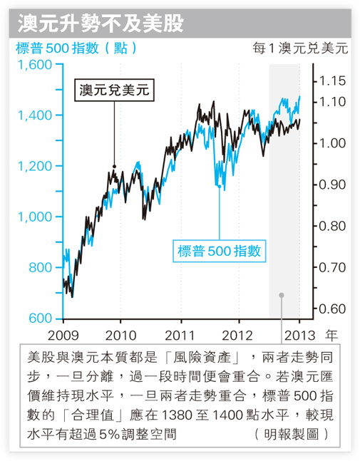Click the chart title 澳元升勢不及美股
(x=101, y=24)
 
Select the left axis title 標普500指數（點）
(x=76, y=48)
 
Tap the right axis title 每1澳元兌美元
(x=300, y=48)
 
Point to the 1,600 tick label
(x=35, y=65)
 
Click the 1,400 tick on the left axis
(x=35, y=115)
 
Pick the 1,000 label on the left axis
(x=35, y=217)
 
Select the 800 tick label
(x=41, y=267)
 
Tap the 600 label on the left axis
(x=41, y=318)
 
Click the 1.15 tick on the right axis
(x=332, y=81)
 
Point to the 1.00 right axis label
(x=332, y=143)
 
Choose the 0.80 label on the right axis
(x=332, y=226)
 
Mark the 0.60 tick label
(x=332, y=309)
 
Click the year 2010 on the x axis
(x=120, y=336)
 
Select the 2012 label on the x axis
(x=237, y=336)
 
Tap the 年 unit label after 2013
(x=331, y=335)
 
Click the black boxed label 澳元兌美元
(x=114, y=90)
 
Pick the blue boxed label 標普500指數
(x=219, y=251)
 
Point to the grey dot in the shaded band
(x=282, y=295)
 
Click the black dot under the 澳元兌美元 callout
(x=114, y=167)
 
